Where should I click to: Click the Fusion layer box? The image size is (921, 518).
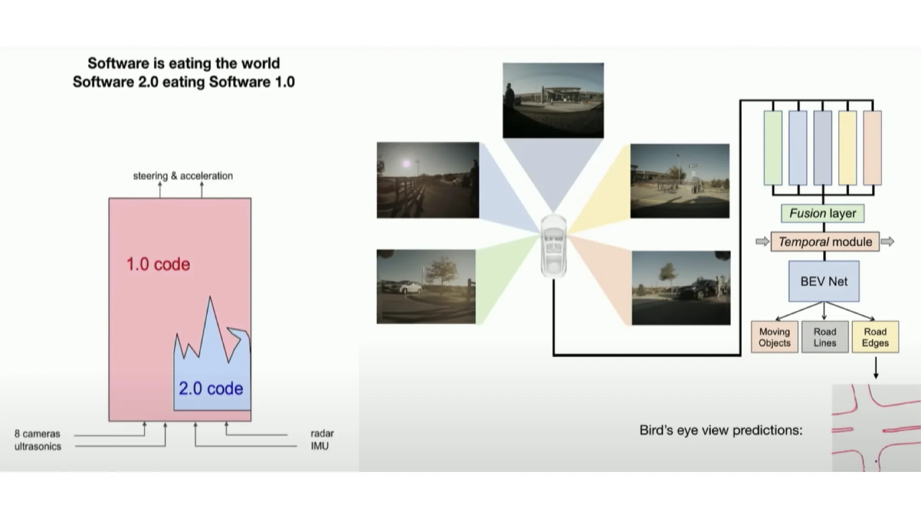click(x=823, y=213)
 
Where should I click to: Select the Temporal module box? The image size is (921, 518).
click(x=825, y=242)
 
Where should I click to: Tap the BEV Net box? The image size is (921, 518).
click(x=824, y=282)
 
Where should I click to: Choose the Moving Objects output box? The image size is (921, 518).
click(x=775, y=337)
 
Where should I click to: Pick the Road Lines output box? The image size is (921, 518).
click(x=825, y=337)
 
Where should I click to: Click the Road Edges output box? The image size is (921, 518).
click(x=875, y=337)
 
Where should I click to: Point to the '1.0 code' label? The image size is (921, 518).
click(x=158, y=264)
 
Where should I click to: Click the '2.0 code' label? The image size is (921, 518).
click(x=211, y=388)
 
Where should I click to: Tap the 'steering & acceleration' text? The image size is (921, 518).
click(x=183, y=176)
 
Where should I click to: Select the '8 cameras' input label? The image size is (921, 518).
click(x=37, y=434)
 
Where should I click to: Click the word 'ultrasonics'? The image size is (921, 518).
click(x=38, y=447)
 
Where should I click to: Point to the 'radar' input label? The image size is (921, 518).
click(x=322, y=434)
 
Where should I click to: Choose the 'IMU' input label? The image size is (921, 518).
click(x=320, y=446)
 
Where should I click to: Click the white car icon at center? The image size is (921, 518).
click(x=554, y=246)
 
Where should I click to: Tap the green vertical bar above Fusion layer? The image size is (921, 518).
click(x=773, y=148)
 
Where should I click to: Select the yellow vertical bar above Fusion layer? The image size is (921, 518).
click(x=848, y=148)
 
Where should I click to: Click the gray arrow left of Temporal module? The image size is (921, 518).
click(x=762, y=242)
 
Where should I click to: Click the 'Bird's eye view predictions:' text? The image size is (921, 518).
click(x=721, y=431)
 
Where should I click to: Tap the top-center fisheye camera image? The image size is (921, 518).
click(x=553, y=101)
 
